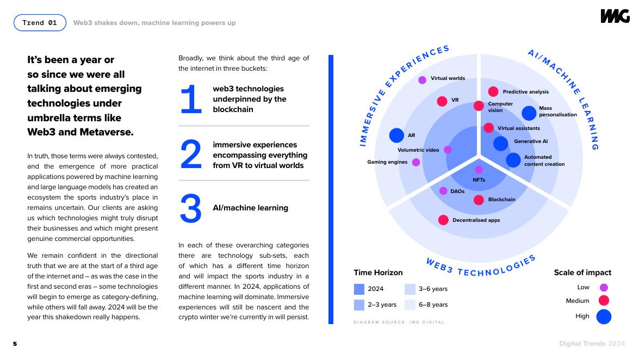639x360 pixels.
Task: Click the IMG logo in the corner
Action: click(x=615, y=16)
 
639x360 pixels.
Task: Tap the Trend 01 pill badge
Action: click(x=40, y=23)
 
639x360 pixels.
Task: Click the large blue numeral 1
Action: click(x=191, y=100)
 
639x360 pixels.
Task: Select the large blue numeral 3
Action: click(x=191, y=209)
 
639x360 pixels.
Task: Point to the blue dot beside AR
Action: click(x=397, y=135)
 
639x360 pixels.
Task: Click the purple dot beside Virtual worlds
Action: click(x=422, y=80)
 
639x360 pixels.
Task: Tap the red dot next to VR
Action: click(x=442, y=101)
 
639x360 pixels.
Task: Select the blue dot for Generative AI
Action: click(x=501, y=143)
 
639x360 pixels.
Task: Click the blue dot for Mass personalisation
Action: click(x=529, y=113)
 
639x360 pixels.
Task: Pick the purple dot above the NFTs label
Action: click(x=479, y=170)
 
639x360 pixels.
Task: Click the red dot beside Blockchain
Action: click(x=479, y=200)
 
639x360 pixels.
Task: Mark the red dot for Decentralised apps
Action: click(x=443, y=220)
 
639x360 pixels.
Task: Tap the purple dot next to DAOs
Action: click(x=443, y=191)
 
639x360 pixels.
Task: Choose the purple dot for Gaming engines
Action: click(x=416, y=162)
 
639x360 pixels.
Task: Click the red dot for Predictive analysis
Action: click(x=493, y=92)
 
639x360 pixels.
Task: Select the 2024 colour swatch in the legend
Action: click(x=359, y=289)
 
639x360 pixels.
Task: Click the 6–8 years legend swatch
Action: click(x=410, y=305)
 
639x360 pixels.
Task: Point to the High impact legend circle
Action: click(x=604, y=316)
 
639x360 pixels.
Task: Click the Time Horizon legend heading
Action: click(x=378, y=272)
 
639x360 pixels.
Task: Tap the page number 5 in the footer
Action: click(x=15, y=344)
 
